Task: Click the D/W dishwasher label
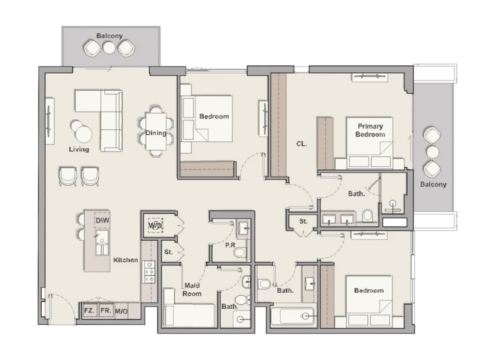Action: pos(103,220)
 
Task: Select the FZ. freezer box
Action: pos(89,311)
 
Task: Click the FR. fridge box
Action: pos(106,311)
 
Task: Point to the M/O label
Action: pos(121,312)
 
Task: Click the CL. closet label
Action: pos(301,143)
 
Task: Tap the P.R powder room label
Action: pos(230,245)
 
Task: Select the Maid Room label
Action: pos(192,290)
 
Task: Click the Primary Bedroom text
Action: pos(370,130)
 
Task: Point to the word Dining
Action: pos(156,133)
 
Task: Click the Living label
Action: pos(79,149)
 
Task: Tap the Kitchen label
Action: pos(125,260)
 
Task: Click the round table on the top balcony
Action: pos(109,48)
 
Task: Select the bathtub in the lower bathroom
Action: pos(292,316)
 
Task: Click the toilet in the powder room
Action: pos(240,253)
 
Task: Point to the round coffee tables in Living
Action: pos(81,130)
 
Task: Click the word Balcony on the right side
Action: pos(433,184)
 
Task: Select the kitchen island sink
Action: pos(102,240)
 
